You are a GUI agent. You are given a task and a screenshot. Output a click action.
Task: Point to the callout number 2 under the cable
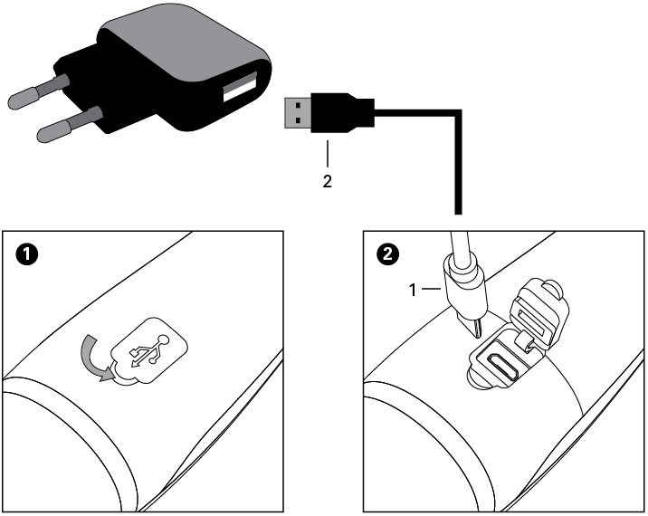pos(328,181)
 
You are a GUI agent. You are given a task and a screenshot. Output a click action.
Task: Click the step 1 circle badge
pos(29,256)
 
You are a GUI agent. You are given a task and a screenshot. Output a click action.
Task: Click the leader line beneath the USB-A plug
pos(328,154)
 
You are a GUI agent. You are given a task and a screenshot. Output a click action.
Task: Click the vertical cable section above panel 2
pos(457,172)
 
